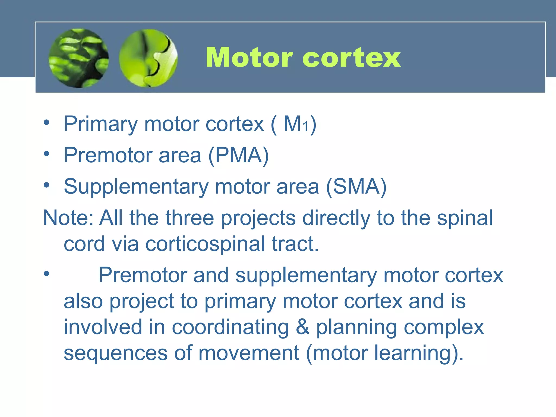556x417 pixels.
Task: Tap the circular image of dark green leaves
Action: [79, 58]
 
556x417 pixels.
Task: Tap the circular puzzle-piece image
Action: [148, 58]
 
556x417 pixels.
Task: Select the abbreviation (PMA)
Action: [238, 155]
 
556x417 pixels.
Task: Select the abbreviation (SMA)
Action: [356, 187]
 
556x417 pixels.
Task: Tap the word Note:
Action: [68, 218]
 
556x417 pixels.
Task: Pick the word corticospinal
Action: [205, 244]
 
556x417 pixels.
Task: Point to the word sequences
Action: [116, 353]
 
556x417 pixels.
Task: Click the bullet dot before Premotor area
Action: [47, 154]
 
